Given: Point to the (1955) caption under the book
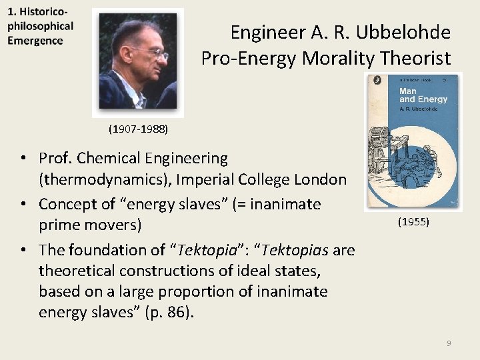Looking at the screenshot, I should coord(413,221).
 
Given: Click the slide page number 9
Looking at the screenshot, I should coord(449,343).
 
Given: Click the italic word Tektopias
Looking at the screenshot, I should coord(293,249).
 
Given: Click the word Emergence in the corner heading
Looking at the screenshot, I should coord(35,41).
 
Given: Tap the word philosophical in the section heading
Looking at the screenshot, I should coord(40,27).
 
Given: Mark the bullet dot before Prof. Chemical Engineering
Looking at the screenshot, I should coord(23,159).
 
